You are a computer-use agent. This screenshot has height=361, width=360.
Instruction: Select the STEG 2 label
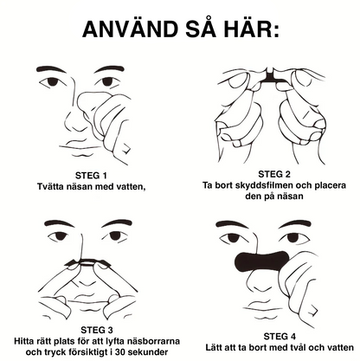277,172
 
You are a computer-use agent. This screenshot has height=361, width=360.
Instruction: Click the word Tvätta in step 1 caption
55,186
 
